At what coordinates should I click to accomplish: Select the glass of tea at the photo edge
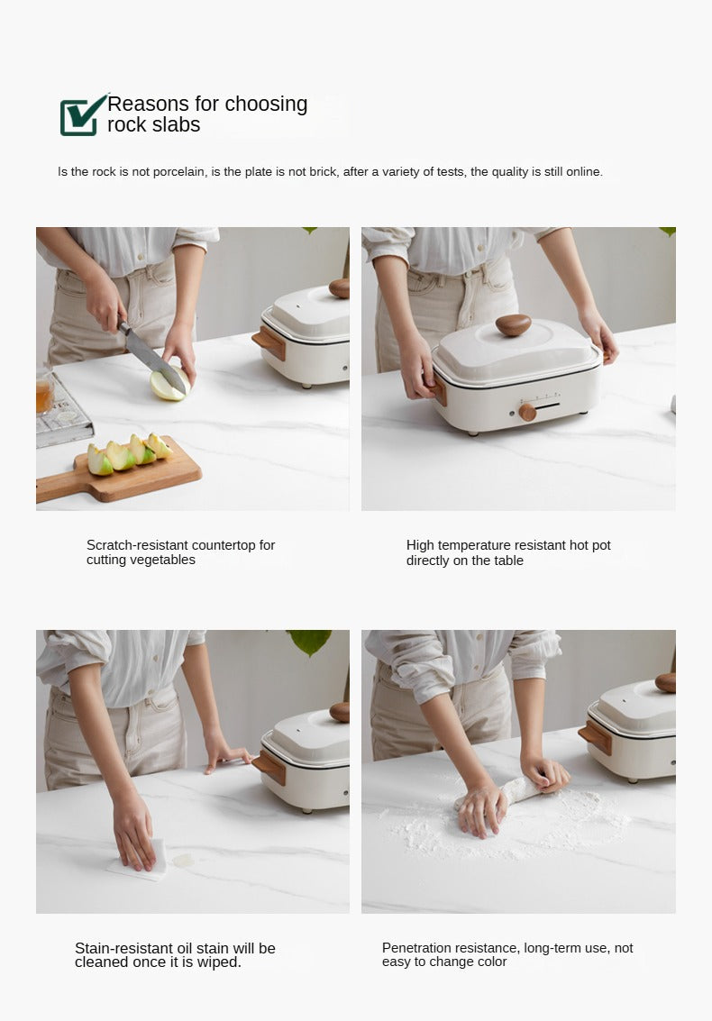[x=44, y=391]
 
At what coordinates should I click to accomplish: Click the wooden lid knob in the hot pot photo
[x=514, y=324]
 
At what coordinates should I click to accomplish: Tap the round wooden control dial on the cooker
[x=527, y=412]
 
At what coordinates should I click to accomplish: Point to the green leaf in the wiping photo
[x=310, y=641]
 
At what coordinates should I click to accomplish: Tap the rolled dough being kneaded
[x=506, y=795]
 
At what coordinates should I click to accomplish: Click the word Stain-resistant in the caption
[x=123, y=948]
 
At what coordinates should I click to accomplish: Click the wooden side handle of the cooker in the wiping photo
[x=269, y=768]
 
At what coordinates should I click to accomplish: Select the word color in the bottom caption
[x=491, y=962]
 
